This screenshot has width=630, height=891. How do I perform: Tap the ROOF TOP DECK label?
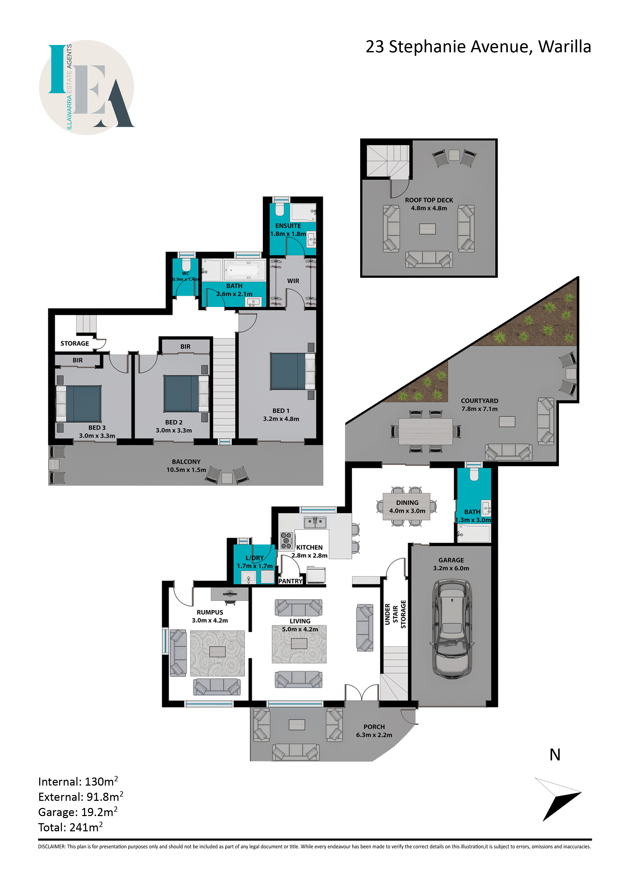coord(429,200)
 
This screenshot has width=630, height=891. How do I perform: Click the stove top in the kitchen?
coord(286,540)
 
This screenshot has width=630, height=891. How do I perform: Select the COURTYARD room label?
coord(479,401)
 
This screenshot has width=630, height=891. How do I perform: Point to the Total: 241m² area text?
coord(70,827)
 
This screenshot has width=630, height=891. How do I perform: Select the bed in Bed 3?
coord(79,404)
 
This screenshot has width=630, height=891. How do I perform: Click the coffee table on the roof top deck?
coord(427,229)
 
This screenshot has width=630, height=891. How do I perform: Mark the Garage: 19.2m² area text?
coord(78,812)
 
